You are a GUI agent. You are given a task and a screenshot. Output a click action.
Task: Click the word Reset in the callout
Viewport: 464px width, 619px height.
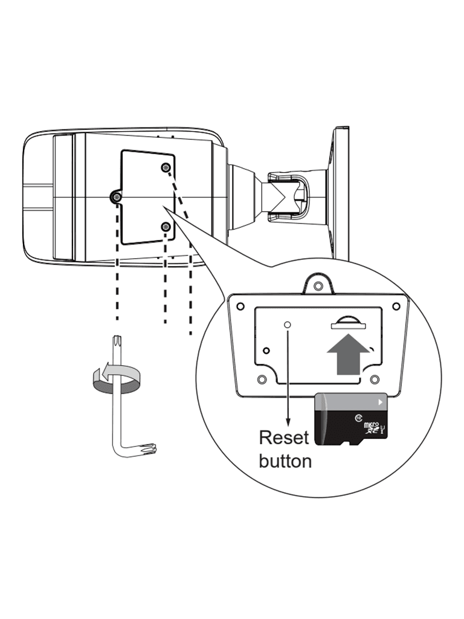click(283, 437)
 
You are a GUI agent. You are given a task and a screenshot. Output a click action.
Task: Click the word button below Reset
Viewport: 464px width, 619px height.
click(285, 461)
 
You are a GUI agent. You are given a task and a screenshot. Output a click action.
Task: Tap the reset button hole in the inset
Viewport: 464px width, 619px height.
click(288, 325)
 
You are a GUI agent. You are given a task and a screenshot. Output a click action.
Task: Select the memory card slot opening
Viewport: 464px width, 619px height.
click(348, 326)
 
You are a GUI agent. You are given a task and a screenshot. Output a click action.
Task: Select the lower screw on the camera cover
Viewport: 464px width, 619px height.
click(166, 226)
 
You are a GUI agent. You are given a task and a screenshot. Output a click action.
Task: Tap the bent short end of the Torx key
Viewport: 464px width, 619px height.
click(147, 449)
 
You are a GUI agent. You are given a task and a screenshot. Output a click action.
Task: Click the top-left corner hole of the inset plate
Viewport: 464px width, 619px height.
click(240, 306)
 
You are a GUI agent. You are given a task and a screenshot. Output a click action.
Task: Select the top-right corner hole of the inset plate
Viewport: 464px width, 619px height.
click(396, 306)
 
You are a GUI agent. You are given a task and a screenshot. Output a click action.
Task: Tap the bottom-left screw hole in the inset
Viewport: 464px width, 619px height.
click(262, 380)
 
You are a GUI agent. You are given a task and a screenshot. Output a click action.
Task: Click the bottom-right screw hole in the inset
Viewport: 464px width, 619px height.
click(375, 380)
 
